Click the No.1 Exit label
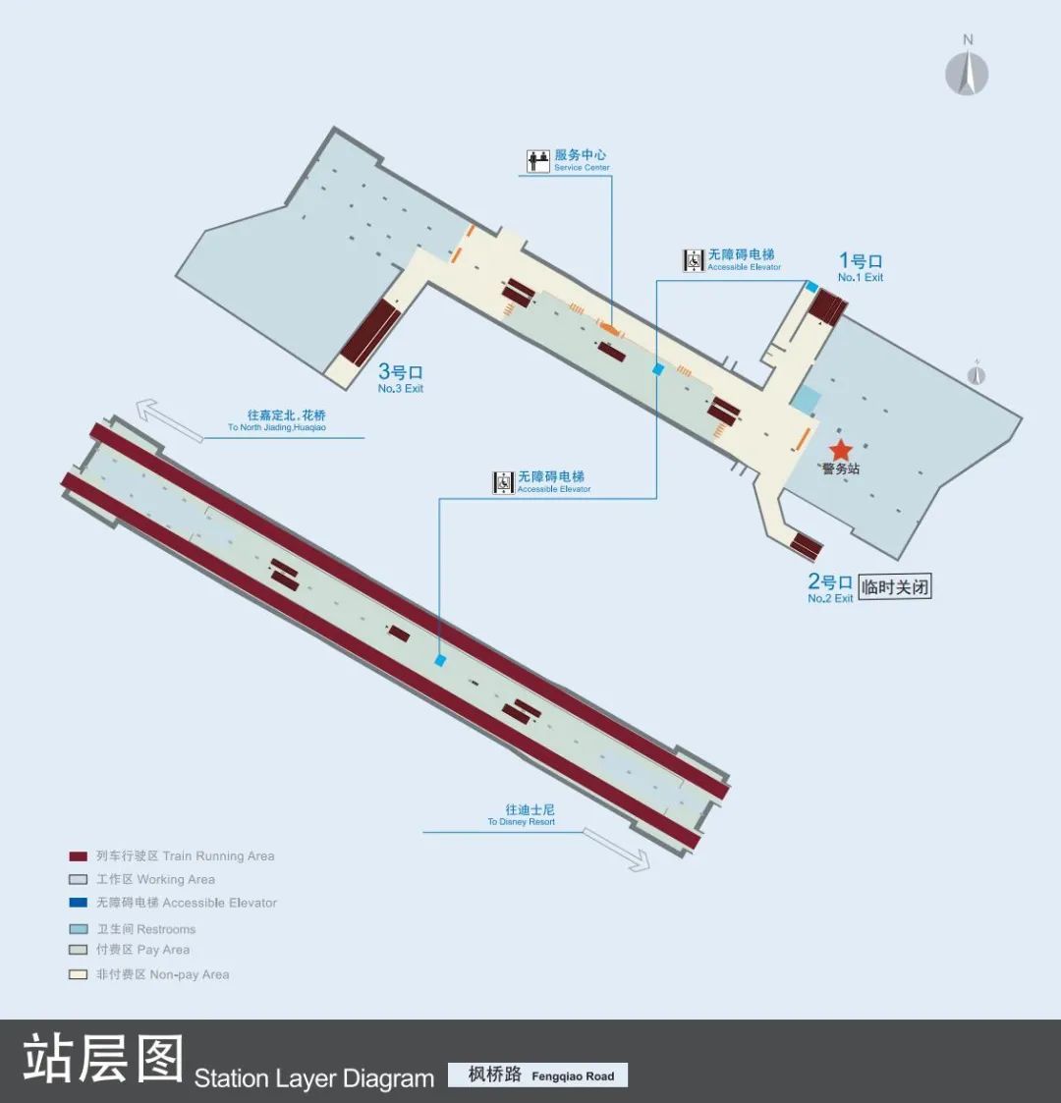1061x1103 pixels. point(860,266)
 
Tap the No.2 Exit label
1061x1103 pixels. point(830,588)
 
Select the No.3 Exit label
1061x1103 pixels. point(401,377)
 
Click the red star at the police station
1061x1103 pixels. point(841,449)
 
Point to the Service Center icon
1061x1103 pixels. point(538,161)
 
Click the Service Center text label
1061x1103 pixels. point(581,159)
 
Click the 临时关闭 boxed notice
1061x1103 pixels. point(895,587)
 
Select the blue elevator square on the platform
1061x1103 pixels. point(440,661)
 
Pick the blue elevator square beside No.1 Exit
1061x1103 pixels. point(811,287)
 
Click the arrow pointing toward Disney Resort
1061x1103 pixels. point(617,849)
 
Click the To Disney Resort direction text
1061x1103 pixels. point(522,815)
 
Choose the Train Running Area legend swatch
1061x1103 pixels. point(79,856)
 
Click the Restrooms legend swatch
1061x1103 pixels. point(79,929)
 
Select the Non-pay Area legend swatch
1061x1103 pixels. point(79,974)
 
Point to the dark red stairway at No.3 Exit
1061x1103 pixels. point(369,331)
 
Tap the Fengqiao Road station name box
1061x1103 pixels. point(537,1075)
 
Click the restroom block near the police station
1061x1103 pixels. point(806,400)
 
